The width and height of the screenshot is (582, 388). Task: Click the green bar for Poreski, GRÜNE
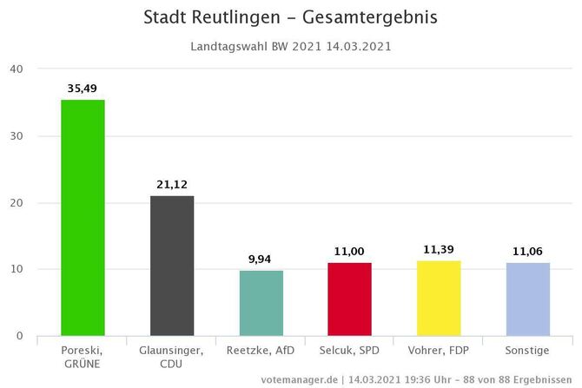click(x=83, y=217)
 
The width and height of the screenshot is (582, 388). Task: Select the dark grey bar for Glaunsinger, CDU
click(x=172, y=265)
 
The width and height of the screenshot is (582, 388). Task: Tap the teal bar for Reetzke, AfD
click(x=261, y=303)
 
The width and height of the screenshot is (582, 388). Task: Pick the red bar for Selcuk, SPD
click(x=350, y=299)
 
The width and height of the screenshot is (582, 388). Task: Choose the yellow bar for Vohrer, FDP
click(x=439, y=298)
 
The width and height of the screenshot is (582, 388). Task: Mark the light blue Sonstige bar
click(x=527, y=299)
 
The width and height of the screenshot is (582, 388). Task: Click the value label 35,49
click(x=83, y=88)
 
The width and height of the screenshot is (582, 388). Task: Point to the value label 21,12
click(x=172, y=184)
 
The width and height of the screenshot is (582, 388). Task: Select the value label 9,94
click(x=261, y=259)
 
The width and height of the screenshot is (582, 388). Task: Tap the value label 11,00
click(x=350, y=251)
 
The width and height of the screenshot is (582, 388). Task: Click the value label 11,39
click(x=439, y=249)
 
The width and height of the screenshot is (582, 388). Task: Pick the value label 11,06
click(x=527, y=251)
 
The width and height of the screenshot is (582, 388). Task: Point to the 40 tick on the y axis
click(x=17, y=69)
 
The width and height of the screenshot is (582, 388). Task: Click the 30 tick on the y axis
click(x=17, y=136)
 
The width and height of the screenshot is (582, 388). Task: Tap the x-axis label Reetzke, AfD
click(x=261, y=350)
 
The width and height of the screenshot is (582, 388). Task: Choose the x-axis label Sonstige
click(x=527, y=350)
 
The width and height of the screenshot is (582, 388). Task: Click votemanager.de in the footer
click(x=299, y=379)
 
